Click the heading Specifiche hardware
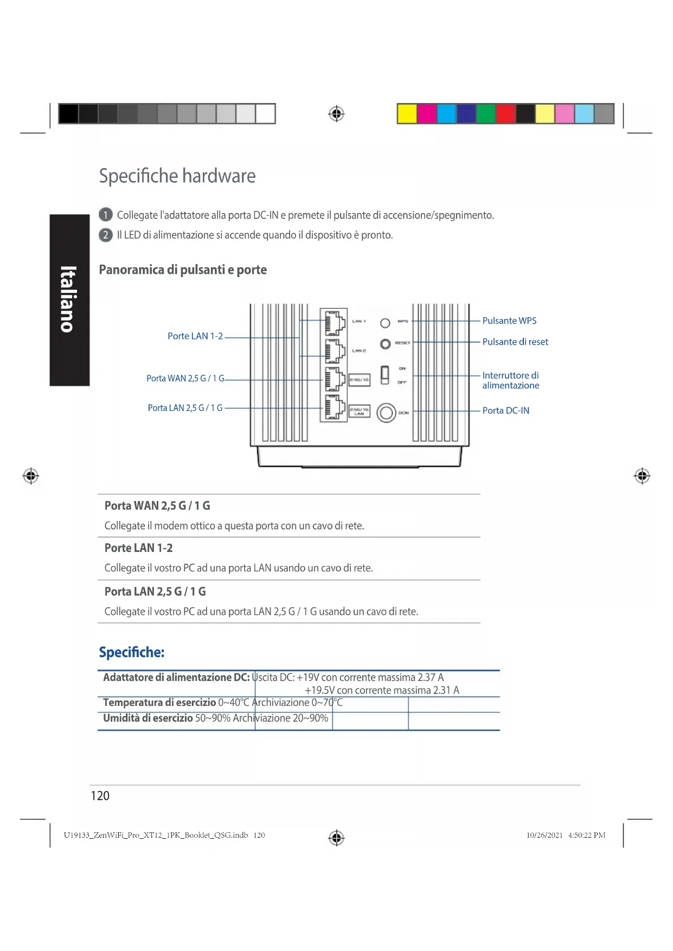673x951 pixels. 177,176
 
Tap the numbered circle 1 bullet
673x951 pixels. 105,215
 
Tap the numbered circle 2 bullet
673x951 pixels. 105,235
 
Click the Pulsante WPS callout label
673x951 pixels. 509,320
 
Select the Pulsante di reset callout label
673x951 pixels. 515,342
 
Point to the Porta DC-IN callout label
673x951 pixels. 505,410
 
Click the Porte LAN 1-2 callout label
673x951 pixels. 195,336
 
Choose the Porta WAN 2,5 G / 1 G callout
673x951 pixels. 185,378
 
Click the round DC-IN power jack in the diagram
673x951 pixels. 386,413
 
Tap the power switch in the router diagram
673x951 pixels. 384,375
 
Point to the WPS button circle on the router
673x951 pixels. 385,323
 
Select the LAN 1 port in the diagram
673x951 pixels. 335,323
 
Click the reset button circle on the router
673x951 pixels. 385,344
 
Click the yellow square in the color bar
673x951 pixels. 407,114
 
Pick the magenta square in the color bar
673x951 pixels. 427,114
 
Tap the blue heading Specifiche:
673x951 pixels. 131,652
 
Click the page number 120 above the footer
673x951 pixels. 100,795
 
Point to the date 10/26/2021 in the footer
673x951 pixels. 544,835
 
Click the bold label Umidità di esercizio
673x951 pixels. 148,718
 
